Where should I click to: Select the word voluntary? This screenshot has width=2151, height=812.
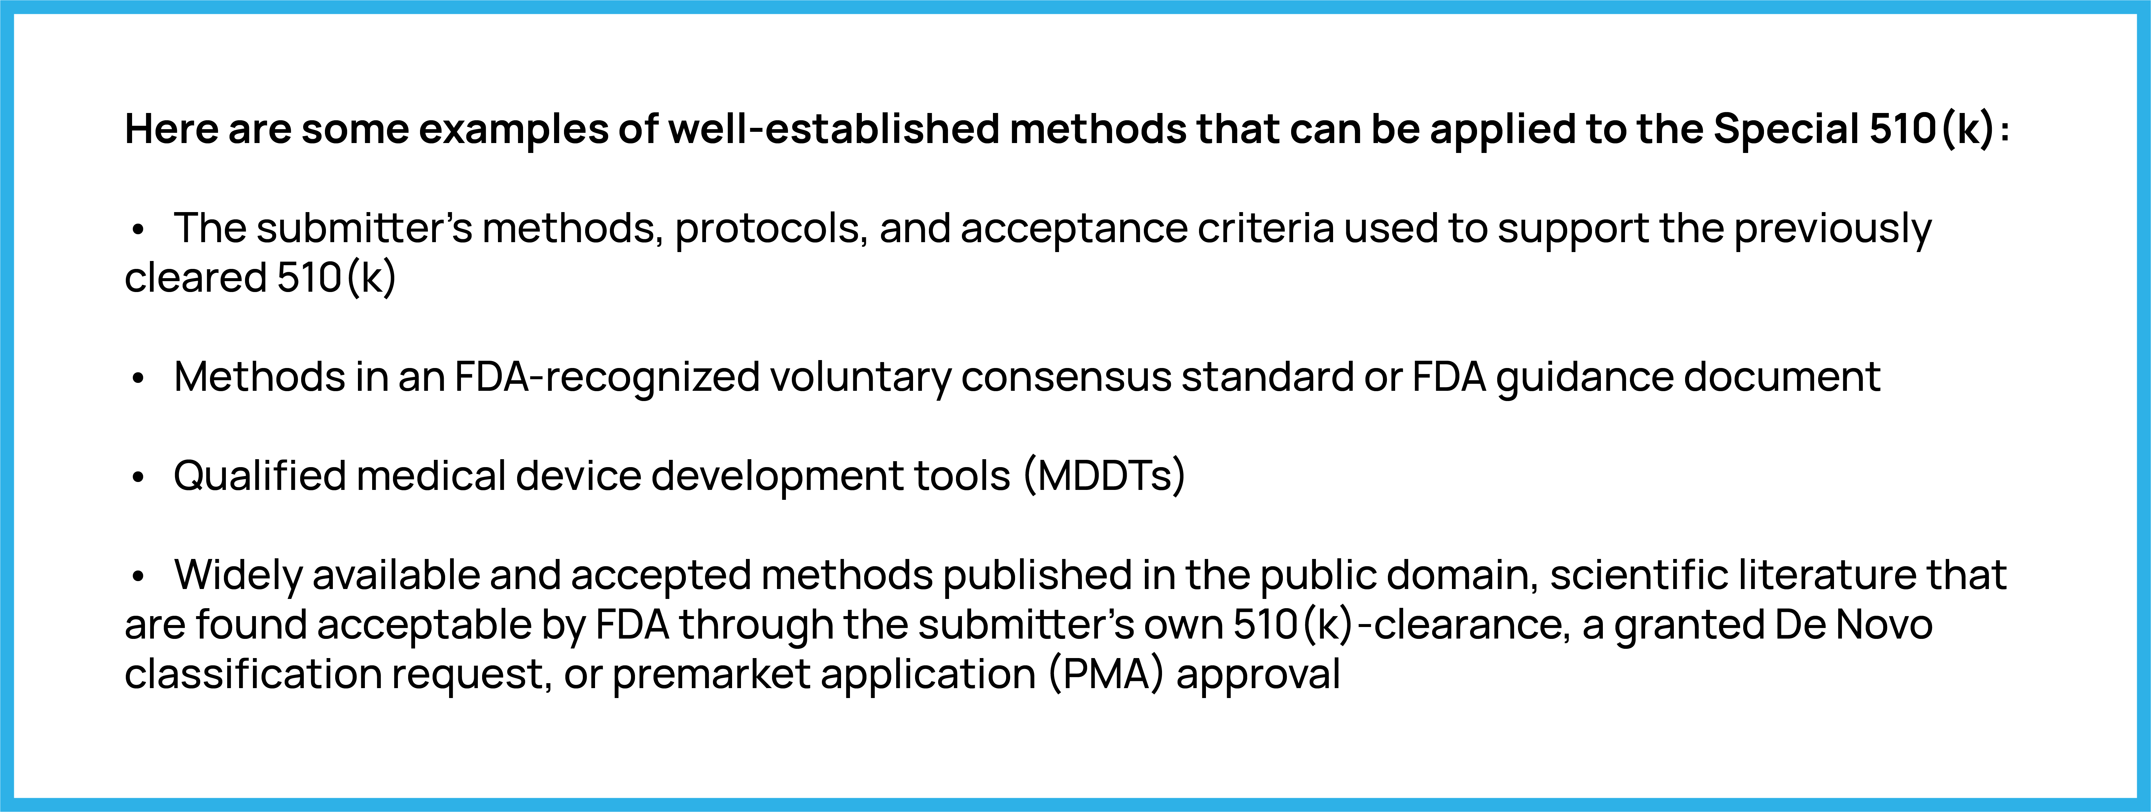pyautogui.click(x=860, y=378)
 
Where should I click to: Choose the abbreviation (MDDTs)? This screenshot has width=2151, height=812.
pyautogui.click(x=1104, y=476)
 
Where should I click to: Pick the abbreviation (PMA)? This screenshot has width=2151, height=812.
pyautogui.click(x=1107, y=674)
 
